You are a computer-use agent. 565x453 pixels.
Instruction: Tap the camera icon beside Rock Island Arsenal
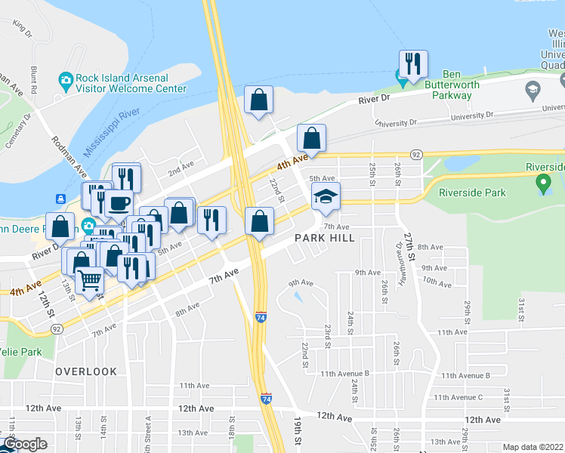pyautogui.click(x=66, y=79)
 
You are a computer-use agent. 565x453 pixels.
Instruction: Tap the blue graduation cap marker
pyautogui.click(x=326, y=196)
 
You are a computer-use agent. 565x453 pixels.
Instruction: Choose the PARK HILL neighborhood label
pyautogui.click(x=324, y=238)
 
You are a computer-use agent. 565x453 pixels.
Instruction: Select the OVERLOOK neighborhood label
pyautogui.click(x=86, y=371)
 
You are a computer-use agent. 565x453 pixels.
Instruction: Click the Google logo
pyautogui.click(x=24, y=445)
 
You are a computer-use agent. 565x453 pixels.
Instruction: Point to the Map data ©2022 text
pyautogui.click(x=533, y=447)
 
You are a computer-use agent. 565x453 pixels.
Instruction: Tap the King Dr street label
pyautogui.click(x=22, y=29)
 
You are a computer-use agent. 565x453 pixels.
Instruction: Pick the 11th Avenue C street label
pyautogui.click(x=462, y=397)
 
